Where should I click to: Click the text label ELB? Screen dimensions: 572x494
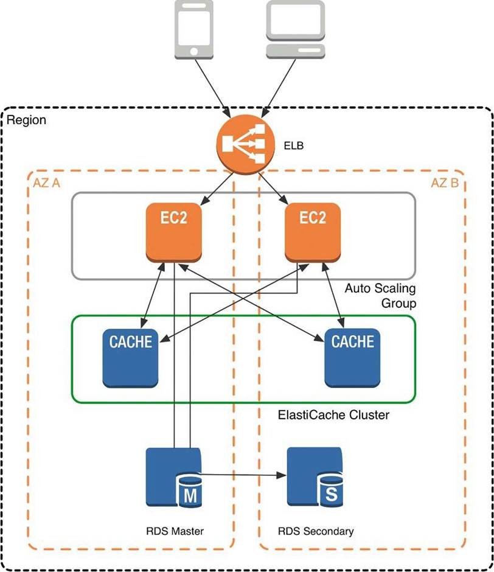294,146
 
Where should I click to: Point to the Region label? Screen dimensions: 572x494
26,120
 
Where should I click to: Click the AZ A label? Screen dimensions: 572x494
46,183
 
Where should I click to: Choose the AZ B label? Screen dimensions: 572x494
445,183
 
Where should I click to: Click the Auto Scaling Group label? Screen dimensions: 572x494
380,295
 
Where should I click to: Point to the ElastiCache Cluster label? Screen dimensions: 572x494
333,416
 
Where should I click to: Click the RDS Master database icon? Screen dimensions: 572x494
173,477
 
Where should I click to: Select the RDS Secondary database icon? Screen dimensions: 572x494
315,477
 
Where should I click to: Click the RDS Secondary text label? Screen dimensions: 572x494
315,531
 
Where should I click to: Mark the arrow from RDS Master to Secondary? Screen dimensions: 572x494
243,473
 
